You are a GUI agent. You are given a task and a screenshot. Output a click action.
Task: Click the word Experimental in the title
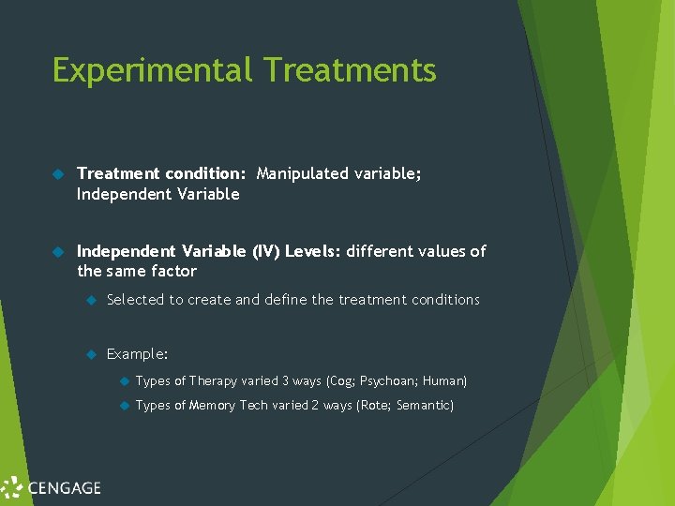153,71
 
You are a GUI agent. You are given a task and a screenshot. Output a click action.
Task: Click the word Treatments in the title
350,71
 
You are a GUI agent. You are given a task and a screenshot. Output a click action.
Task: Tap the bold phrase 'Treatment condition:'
161,173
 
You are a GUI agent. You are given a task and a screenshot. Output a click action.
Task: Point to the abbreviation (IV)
263,251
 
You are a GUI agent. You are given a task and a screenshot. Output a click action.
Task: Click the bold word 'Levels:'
313,251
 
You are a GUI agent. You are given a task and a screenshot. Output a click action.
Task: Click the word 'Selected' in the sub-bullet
136,300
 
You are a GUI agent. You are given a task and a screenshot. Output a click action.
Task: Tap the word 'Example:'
138,354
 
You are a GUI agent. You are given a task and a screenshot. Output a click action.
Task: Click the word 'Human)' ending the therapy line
444,380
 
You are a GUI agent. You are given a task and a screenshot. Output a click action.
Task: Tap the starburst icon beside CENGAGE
12,487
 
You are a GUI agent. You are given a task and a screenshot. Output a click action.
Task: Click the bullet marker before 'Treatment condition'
56,174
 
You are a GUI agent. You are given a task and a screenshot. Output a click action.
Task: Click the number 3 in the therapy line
285,380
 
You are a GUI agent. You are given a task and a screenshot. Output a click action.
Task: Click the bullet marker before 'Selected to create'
91,300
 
